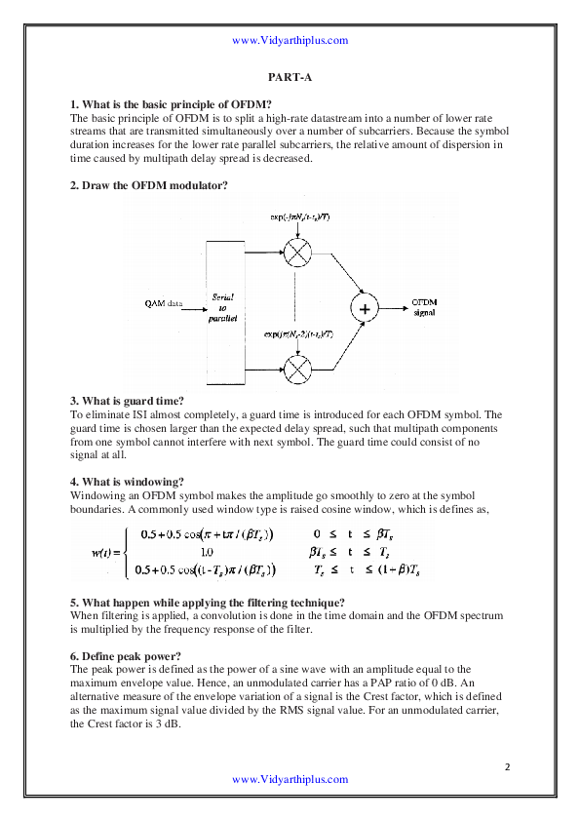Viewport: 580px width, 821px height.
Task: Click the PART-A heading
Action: tap(290, 75)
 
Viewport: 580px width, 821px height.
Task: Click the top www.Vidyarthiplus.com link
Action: tap(290, 40)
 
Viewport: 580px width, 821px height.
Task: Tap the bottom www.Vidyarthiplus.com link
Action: tap(290, 779)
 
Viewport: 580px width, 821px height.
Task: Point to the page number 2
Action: tap(508, 765)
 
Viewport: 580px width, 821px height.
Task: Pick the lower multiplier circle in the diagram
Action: tap(294, 369)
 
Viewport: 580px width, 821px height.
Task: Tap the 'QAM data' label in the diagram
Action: tap(162, 302)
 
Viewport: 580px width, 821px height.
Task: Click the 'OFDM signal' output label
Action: tap(424, 307)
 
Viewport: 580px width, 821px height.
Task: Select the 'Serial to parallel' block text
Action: tap(223, 306)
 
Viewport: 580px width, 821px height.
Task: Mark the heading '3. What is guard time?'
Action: tap(127, 400)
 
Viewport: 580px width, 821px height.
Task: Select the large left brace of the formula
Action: tap(127, 552)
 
